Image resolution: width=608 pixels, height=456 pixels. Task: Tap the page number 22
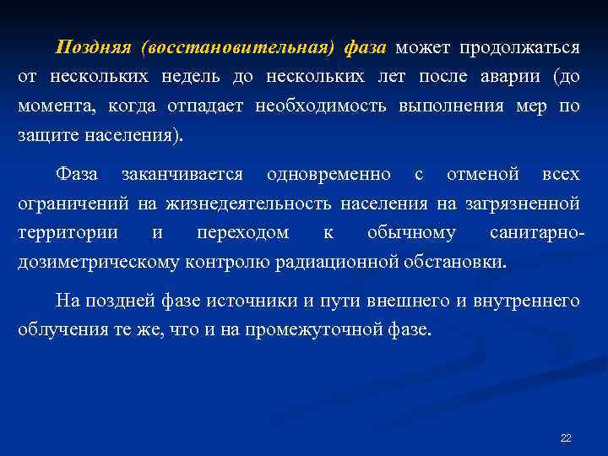tap(566, 437)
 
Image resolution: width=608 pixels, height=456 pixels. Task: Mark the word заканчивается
tap(182, 174)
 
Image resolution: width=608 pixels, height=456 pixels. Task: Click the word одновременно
tap(328, 174)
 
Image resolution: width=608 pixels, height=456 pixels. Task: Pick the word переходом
tap(242, 232)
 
